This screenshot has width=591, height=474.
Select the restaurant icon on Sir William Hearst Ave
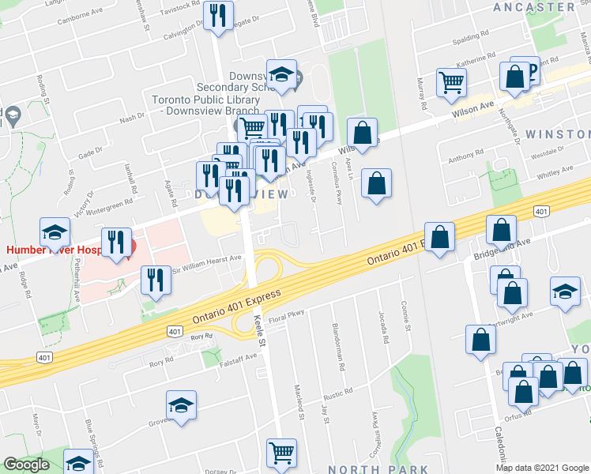156,280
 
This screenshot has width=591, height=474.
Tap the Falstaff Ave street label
239,357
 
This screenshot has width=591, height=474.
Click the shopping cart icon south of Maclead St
282,453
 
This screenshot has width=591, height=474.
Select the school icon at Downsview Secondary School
280,74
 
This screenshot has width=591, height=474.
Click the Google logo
26,465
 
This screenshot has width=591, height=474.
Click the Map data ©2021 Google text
542,468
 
